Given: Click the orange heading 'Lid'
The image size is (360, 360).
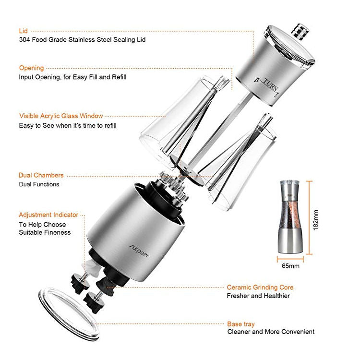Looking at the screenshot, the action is [x=23, y=31].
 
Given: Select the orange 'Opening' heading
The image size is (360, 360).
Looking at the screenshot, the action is [x=32, y=68].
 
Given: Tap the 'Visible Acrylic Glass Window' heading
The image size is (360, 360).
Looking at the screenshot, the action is [x=61, y=116].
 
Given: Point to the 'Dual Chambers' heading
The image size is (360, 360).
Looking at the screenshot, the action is [x=41, y=175].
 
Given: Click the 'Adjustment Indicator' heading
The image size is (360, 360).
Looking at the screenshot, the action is [x=48, y=215].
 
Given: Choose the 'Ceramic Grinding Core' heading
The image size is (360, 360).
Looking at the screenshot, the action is [x=260, y=288].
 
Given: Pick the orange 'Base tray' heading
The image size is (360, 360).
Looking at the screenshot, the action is [x=241, y=324].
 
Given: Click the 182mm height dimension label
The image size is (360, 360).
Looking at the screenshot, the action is [x=316, y=220].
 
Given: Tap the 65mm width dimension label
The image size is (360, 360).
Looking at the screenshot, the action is [x=290, y=266].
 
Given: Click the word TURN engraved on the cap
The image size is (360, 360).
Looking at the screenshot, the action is [x=270, y=85].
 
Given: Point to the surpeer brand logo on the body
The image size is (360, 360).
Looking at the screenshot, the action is [x=139, y=251].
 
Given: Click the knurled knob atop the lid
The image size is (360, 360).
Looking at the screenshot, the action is [x=300, y=32].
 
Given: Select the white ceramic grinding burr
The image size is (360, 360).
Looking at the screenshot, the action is [x=91, y=267].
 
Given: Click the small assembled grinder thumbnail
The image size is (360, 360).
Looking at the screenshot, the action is [x=290, y=217].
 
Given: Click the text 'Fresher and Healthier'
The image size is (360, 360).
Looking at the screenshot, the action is [x=258, y=296].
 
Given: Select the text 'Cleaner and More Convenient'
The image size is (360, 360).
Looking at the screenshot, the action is [x=271, y=332].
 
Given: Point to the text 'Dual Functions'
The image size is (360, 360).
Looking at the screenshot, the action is [x=39, y=184].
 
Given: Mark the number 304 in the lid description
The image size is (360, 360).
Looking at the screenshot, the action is [x=24, y=40].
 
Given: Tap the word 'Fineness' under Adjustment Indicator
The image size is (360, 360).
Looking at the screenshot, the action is [x=58, y=233].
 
